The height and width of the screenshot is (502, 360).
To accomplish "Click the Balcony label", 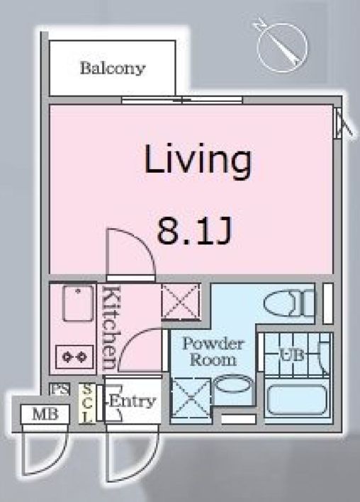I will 112,69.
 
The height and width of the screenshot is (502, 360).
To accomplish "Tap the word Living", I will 198,161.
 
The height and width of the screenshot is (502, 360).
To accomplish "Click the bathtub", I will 296,401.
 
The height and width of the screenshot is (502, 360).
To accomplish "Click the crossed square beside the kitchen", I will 181,302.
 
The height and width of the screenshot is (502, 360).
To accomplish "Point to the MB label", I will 40,413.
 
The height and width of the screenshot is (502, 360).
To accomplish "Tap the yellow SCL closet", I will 86,403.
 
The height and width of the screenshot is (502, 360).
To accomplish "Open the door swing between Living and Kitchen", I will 130,254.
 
